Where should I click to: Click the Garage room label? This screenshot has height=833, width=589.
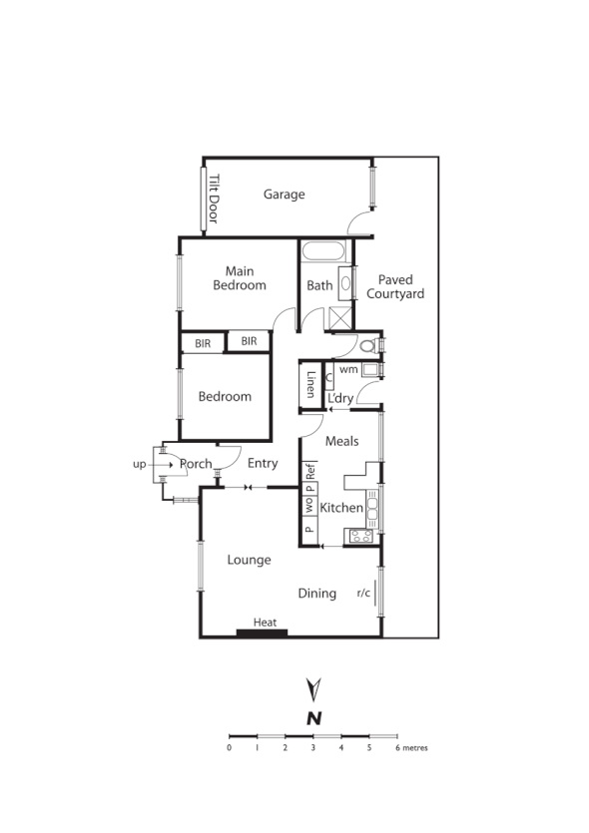pos(284,195)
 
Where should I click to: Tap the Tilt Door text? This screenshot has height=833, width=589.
pos(214,199)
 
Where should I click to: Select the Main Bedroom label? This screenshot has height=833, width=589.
pos(240,278)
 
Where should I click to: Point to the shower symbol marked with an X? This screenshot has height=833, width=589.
pos(340,318)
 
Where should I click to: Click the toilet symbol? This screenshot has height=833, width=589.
pos(368,347)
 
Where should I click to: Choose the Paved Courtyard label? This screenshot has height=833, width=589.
pos(395,287)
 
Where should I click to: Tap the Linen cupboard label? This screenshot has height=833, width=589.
pos(310,385)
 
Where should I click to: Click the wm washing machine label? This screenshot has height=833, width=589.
pos(348,370)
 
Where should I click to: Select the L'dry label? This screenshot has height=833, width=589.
pos(340,399)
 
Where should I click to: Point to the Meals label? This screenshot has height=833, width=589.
pos(342,441)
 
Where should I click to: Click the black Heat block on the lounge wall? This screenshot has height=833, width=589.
pos(262,631)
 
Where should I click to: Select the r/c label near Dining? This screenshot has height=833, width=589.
pos(364,594)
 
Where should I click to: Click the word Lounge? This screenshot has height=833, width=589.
pos(249,560)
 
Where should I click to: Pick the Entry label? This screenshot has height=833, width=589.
pos(263,463)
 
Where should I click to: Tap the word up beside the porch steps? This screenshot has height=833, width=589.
pos(140,464)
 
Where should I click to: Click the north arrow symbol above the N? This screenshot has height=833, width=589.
pos(313,688)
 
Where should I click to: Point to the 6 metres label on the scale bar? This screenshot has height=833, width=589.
pos(411,747)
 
